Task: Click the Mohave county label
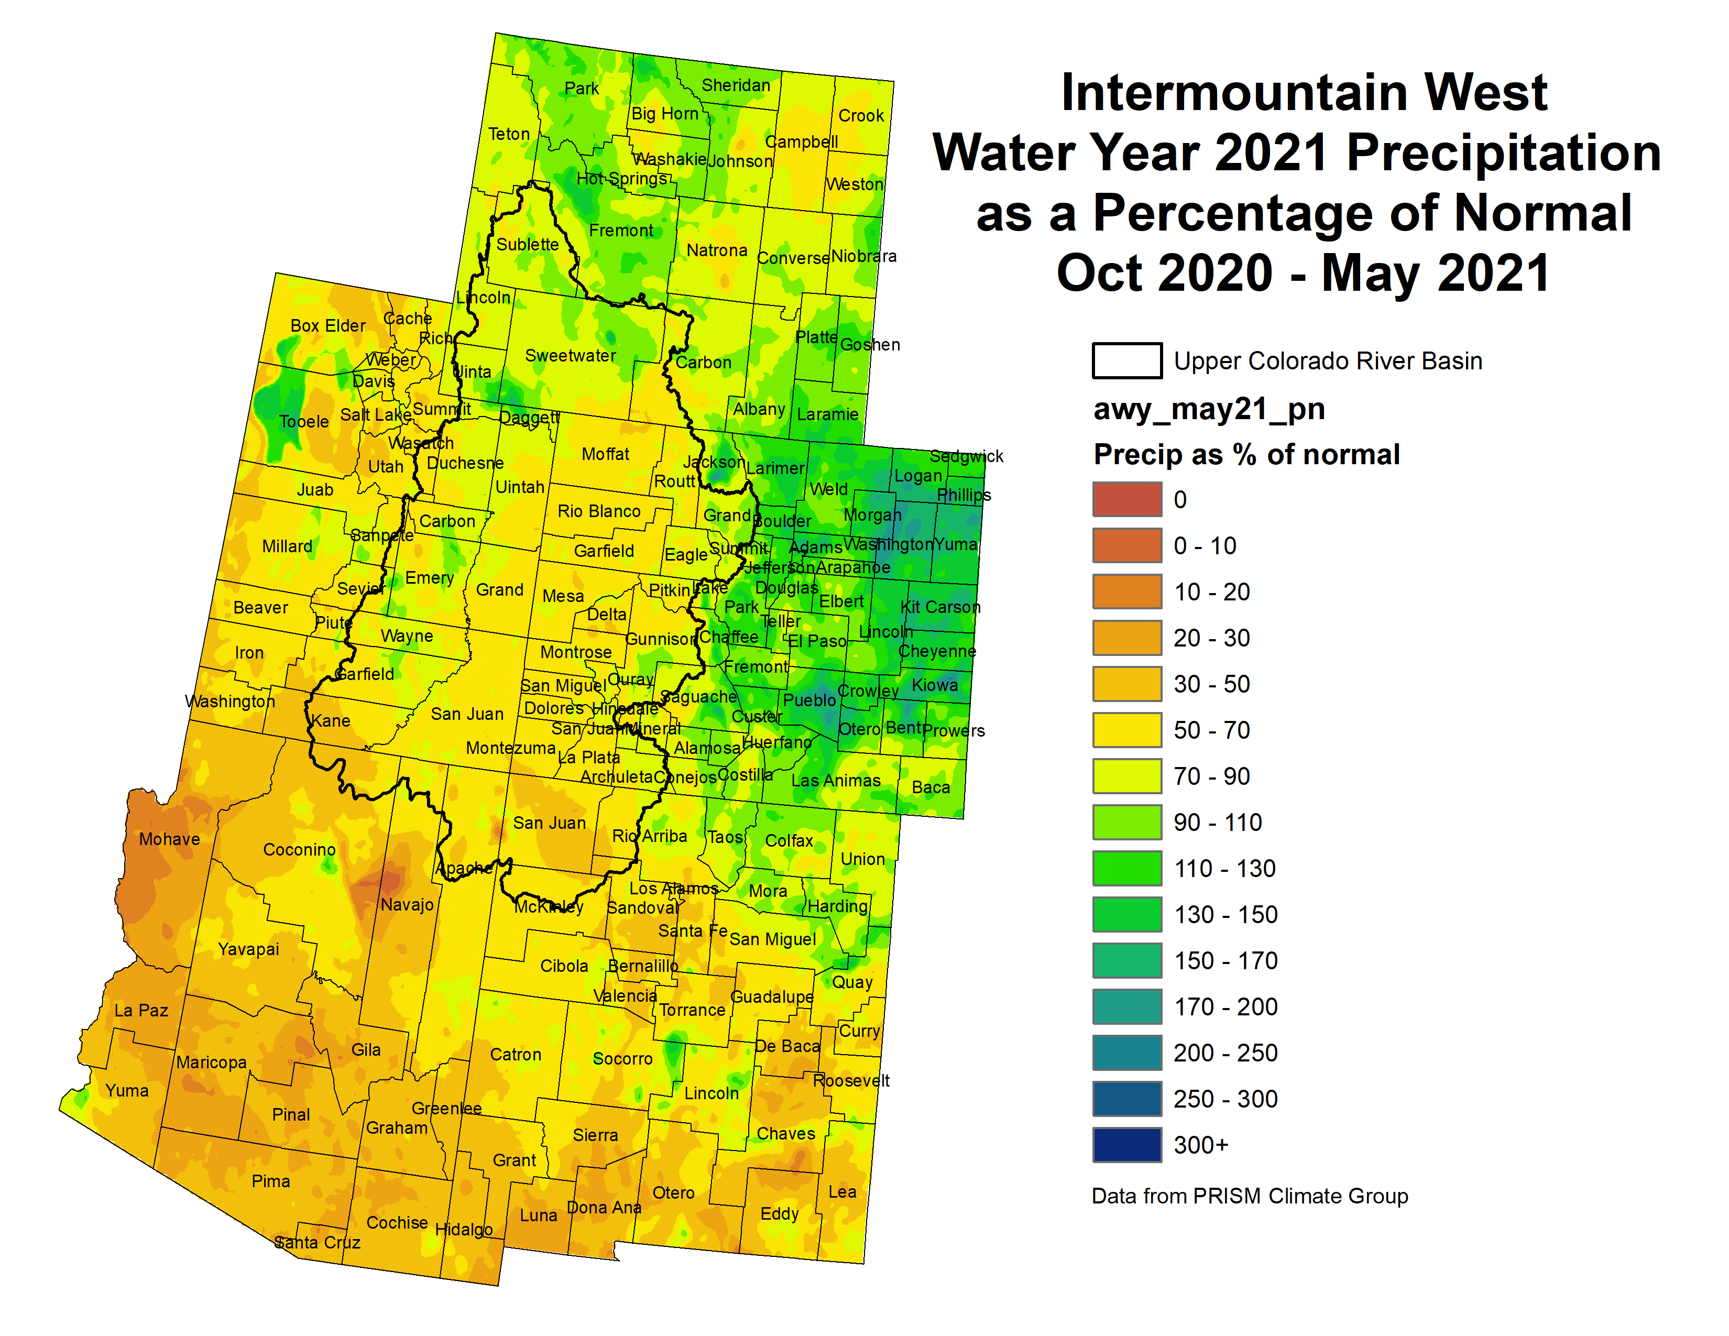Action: pyautogui.click(x=169, y=839)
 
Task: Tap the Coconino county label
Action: pyautogui.click(x=299, y=849)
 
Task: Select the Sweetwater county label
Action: pyautogui.click(x=570, y=355)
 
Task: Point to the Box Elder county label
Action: pyautogui.click(x=328, y=325)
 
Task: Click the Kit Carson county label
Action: pyautogui.click(x=940, y=607)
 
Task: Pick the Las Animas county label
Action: pyautogui.click(x=836, y=781)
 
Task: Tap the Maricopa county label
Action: pyautogui.click(x=211, y=1062)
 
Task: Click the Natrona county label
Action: pyautogui.click(x=716, y=250)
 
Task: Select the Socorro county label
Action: pyautogui.click(x=622, y=1059)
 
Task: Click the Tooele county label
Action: pyautogui.click(x=304, y=422)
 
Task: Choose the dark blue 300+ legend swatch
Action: pyautogui.click(x=1126, y=1144)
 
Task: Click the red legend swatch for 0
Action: pyautogui.click(x=1126, y=499)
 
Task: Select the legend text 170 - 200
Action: pyautogui.click(x=1225, y=1007)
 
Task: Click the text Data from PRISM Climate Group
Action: pyautogui.click(x=1249, y=1196)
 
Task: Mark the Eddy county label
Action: pyautogui.click(x=779, y=1214)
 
